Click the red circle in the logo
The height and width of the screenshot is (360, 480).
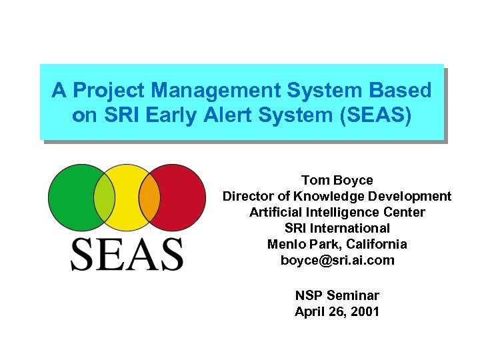tap(179, 195)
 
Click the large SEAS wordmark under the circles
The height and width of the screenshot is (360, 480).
tap(127, 253)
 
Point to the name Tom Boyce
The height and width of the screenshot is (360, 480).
tap(337, 180)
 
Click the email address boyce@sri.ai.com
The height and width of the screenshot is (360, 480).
tap(337, 260)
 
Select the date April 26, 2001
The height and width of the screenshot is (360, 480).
tap(337, 311)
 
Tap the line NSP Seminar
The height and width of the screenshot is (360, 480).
tap(337, 295)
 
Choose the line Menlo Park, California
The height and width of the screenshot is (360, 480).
tap(337, 244)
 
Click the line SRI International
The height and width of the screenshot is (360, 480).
tap(337, 228)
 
